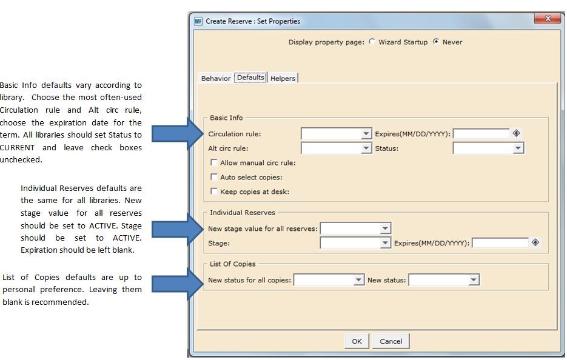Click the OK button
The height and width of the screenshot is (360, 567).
click(357, 341)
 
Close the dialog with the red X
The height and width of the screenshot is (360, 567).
click(548, 19)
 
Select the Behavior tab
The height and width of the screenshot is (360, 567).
click(216, 78)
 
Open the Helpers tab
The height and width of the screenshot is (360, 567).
click(283, 78)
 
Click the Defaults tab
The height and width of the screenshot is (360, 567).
click(250, 78)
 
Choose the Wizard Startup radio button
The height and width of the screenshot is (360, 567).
click(372, 42)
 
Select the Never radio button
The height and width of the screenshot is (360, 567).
click(436, 42)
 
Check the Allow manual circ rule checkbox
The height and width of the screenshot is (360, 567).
click(214, 162)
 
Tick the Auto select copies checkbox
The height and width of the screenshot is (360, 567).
click(214, 177)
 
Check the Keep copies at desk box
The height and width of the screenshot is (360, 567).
click(214, 192)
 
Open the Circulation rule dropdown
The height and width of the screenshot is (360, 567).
click(366, 133)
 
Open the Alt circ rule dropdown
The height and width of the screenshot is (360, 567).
click(366, 148)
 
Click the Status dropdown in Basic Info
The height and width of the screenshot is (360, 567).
click(518, 148)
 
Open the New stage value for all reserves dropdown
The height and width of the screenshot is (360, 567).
click(385, 228)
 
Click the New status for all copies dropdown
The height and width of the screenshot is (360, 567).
click(358, 280)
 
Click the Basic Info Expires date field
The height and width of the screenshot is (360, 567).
click(481, 133)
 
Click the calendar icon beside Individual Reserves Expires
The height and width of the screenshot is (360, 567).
click(535, 242)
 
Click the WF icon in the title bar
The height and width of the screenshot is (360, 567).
click(198, 21)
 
